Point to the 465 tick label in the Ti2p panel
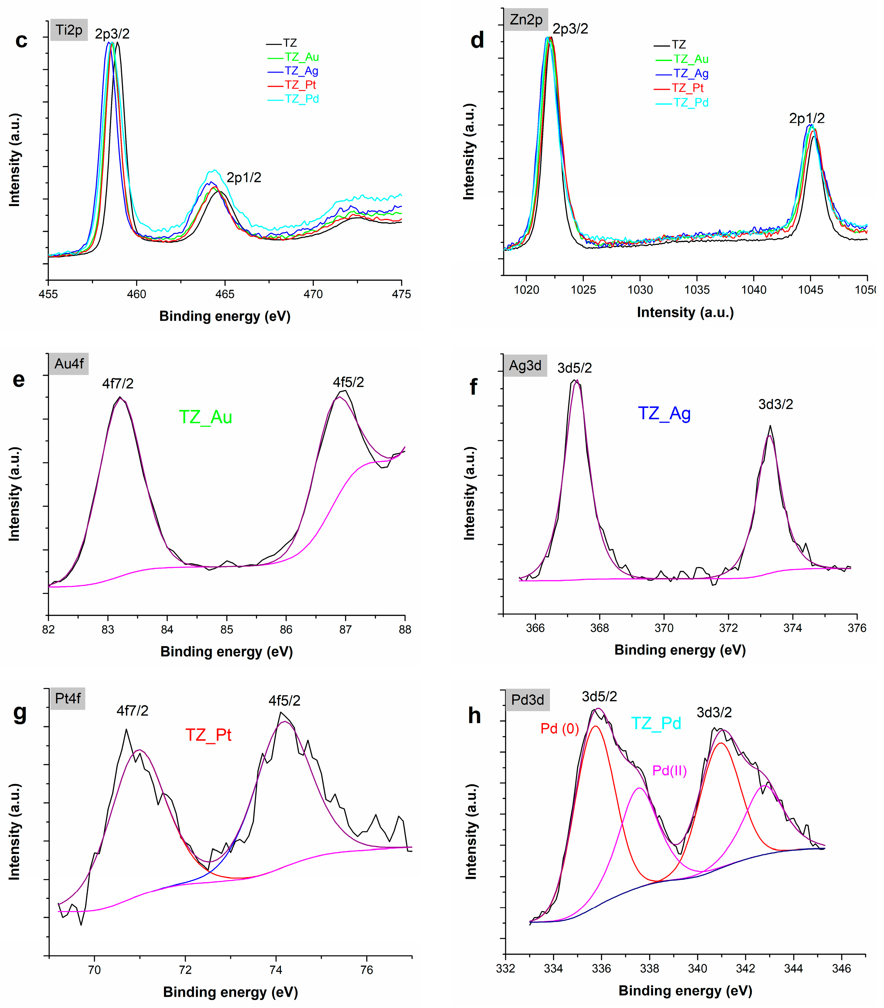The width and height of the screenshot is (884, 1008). click(x=225, y=294)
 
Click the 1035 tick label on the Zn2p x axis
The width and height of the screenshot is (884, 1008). click(x=697, y=290)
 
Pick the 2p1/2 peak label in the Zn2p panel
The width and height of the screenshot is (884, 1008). click(x=806, y=118)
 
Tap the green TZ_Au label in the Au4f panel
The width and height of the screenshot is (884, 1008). click(x=205, y=417)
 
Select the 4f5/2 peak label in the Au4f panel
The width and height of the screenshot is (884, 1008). click(x=348, y=382)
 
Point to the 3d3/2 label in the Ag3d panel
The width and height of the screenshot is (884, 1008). click(x=775, y=404)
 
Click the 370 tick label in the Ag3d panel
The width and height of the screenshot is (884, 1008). click(x=664, y=628)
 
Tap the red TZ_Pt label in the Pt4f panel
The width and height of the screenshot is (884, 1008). click(x=208, y=735)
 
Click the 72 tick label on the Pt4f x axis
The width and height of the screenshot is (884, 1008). click(x=185, y=970)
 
